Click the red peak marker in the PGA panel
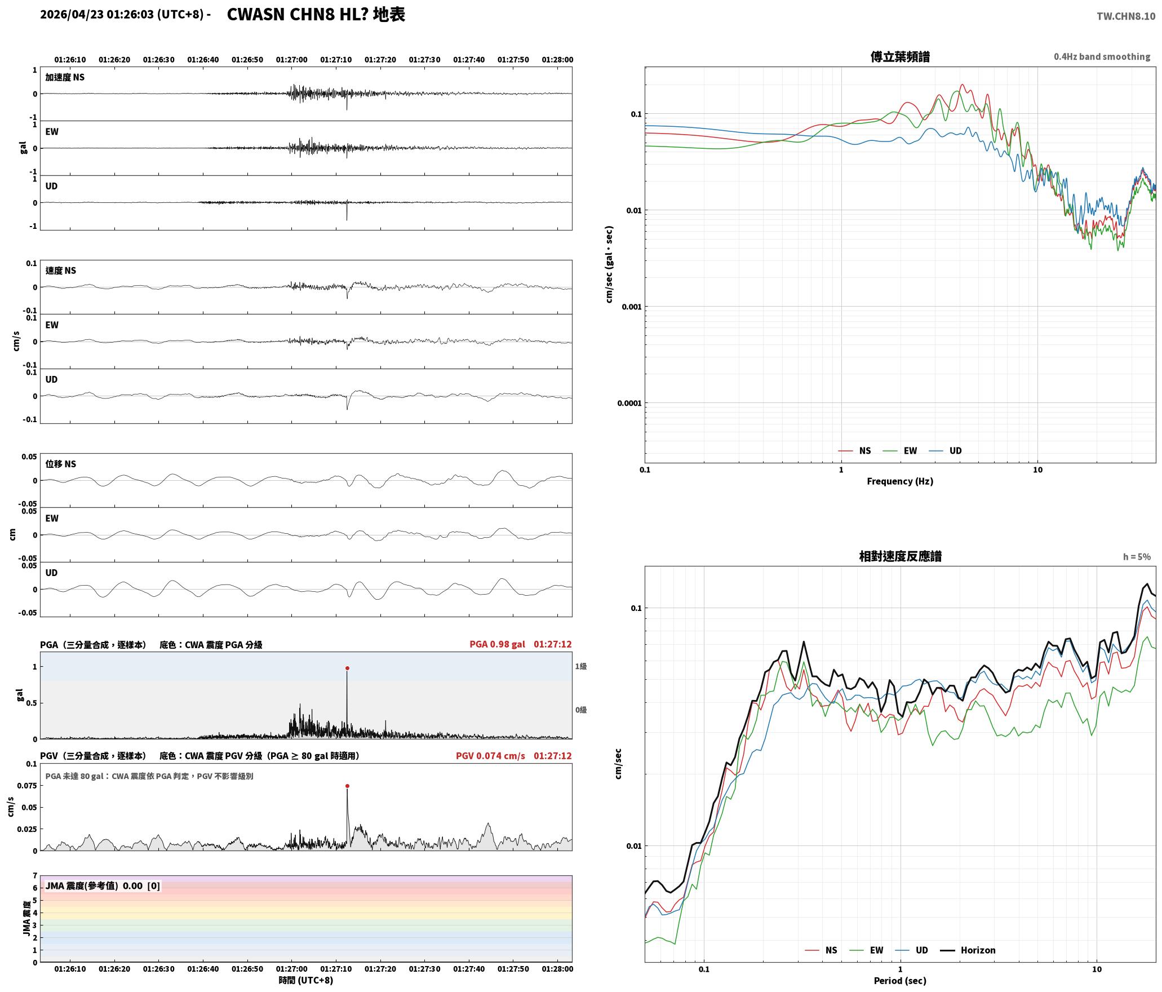(347, 668)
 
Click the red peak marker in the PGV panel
(347, 786)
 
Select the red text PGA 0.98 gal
(497, 644)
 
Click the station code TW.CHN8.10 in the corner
(1126, 16)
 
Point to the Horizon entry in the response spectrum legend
(968, 950)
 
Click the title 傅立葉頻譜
(900, 57)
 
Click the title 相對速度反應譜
(900, 556)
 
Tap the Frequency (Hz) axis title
(900, 481)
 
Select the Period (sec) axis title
(900, 981)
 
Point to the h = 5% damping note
(1137, 557)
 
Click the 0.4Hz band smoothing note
(1102, 57)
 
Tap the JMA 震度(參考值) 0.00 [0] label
(103, 886)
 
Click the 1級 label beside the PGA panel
(581, 667)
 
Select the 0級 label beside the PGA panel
(581, 710)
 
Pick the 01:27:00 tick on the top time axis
(291, 60)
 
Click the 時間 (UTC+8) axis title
(306, 981)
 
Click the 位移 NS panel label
(61, 464)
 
